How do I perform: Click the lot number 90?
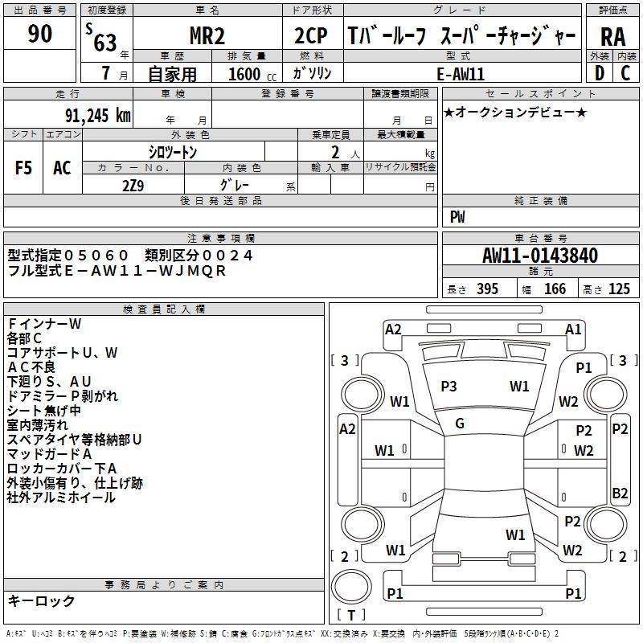pos(39,34)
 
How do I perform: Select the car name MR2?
pos(207,35)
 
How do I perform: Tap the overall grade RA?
pos(613,37)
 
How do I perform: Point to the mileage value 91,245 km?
pos(98,116)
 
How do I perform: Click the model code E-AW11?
pos(461,74)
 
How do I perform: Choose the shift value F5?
pos(23,168)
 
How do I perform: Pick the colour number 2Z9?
pos(133,186)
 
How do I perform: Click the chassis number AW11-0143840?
pos(540,256)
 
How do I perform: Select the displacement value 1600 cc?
pos(252,74)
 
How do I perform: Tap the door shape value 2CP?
pos(311,35)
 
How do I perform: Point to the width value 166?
pos(555,289)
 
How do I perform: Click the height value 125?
pos(619,289)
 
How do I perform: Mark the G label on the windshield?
pos(460,424)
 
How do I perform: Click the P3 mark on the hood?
pos(448,387)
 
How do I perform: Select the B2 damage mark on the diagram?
pos(620,493)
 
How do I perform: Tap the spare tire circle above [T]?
pos(351,587)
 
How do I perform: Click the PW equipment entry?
pos(457,217)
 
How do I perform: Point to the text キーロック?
pos(41,600)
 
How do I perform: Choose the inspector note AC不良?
pos(31,367)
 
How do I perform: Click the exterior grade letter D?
pos(600,73)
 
